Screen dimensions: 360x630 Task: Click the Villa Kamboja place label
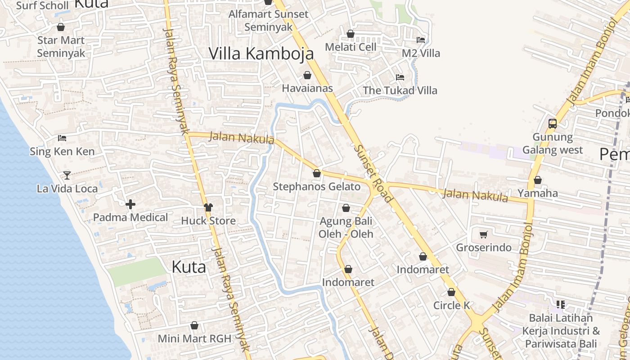pyautogui.click(x=261, y=54)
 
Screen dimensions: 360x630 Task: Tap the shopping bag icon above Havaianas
pyautogui.click(x=307, y=75)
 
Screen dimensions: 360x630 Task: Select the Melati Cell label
pyautogui.click(x=351, y=47)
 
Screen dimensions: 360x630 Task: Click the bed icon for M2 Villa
pyautogui.click(x=421, y=40)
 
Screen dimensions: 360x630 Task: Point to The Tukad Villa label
pyautogui.click(x=400, y=90)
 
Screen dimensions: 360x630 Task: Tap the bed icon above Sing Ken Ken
pyautogui.click(x=62, y=138)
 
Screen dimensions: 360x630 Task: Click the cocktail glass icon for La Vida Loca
pyautogui.click(x=67, y=175)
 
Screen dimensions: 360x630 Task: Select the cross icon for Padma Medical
pyautogui.click(x=130, y=205)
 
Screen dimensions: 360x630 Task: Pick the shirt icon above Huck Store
pyautogui.click(x=208, y=207)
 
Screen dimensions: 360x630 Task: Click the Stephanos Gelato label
pyautogui.click(x=317, y=187)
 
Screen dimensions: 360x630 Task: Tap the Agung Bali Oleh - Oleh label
pyautogui.click(x=346, y=227)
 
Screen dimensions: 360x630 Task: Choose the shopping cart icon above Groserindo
pyautogui.click(x=484, y=234)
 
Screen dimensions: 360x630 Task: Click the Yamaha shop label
pyautogui.click(x=537, y=193)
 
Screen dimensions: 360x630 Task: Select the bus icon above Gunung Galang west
pyautogui.click(x=552, y=124)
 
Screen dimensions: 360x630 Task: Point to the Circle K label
pyautogui.click(x=451, y=306)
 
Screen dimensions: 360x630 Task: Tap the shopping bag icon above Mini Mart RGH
pyautogui.click(x=194, y=325)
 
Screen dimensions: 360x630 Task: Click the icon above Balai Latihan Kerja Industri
pyautogui.click(x=560, y=305)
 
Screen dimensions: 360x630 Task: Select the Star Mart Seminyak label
pyautogui.click(x=61, y=46)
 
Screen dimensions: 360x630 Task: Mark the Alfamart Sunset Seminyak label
pyautogui.click(x=268, y=20)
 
